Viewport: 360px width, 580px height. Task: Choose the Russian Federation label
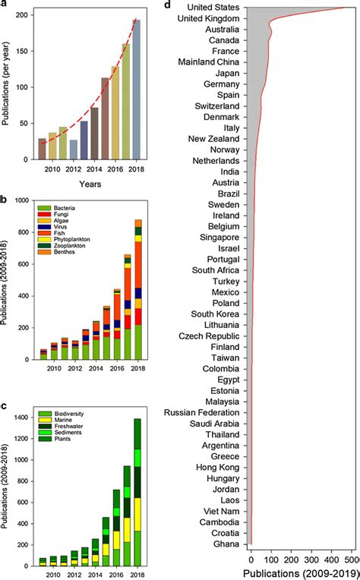200,412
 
